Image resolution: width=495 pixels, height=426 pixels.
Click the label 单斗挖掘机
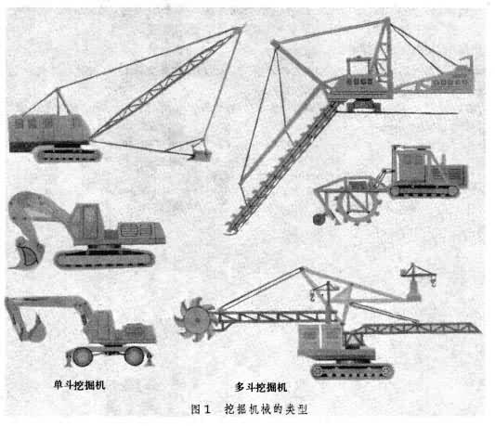coord(79,385)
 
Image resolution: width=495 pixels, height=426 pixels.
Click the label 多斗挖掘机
coord(261,387)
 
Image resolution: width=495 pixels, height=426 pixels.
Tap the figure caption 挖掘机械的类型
coord(267,409)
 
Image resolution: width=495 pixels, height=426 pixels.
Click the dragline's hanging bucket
coord(200,153)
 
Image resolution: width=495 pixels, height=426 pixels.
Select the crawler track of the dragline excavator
coord(68,155)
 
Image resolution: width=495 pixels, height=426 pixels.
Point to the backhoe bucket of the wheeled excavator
coord(35,329)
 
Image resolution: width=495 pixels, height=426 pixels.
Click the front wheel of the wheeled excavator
coord(83,356)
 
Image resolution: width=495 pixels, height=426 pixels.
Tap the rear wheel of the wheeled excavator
coord(134,356)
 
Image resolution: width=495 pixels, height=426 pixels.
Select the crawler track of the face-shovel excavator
coord(105,259)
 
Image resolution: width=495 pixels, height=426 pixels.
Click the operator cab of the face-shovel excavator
coord(88,222)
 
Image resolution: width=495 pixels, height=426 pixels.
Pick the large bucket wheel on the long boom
coord(196,319)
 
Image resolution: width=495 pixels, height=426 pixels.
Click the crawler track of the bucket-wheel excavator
coord(352,371)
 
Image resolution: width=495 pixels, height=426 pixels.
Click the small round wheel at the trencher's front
coord(319,219)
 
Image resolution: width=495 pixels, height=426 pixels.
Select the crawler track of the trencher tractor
coord(424,191)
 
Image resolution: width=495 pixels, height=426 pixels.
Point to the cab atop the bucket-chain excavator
coord(358,66)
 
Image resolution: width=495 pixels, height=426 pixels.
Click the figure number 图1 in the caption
coord(201,409)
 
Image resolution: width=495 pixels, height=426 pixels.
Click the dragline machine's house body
coord(48,131)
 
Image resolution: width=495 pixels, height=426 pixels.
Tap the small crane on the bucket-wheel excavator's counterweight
coord(417,278)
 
